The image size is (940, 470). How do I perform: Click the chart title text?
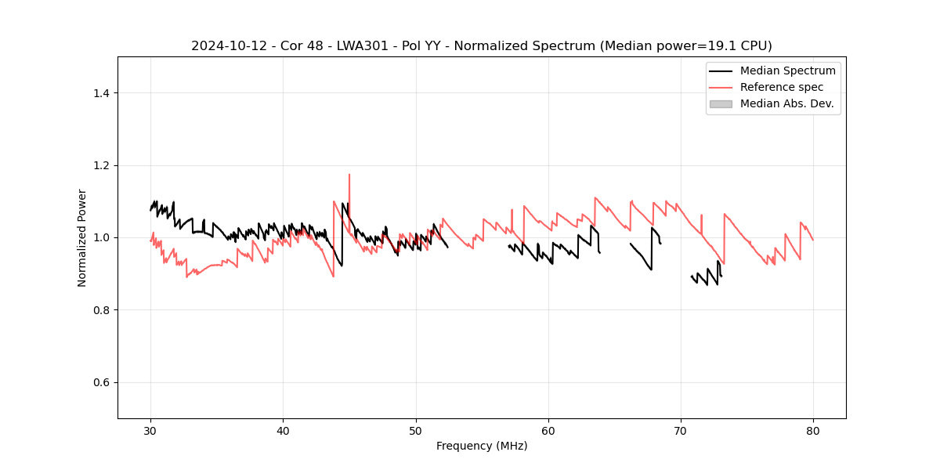tap(481, 46)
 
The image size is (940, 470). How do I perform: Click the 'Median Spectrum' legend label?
tap(787, 70)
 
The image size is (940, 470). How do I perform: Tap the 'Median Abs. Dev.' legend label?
tap(787, 103)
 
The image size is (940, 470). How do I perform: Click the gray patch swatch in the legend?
tap(721, 103)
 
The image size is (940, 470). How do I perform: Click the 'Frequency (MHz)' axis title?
tap(482, 446)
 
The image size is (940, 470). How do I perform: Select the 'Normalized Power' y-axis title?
tap(82, 237)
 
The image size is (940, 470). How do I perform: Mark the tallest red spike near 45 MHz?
tap(349, 175)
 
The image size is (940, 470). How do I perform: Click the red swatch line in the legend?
tap(721, 87)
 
